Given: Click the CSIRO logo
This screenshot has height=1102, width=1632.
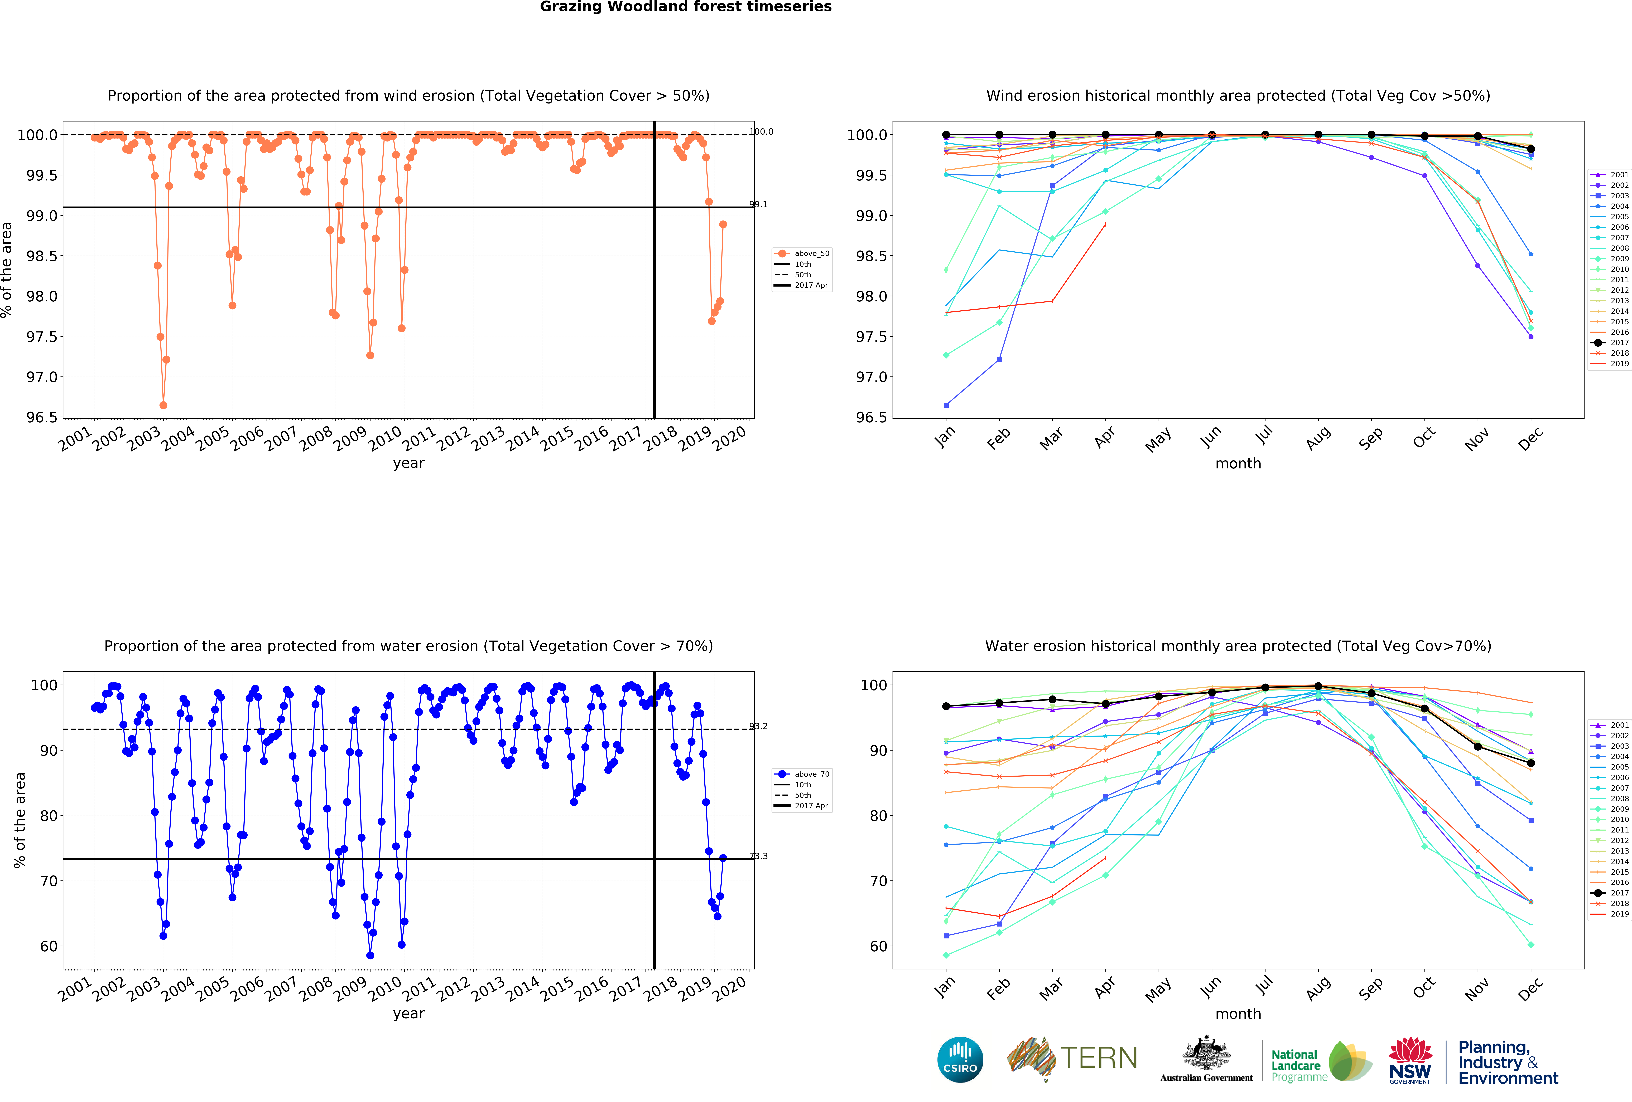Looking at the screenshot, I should (x=960, y=1059).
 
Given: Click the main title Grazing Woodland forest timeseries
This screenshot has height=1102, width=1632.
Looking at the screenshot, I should (x=685, y=7).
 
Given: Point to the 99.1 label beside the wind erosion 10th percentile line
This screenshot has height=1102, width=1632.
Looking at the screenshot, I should (x=758, y=204).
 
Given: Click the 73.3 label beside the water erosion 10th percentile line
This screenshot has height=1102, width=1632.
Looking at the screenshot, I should (x=758, y=856).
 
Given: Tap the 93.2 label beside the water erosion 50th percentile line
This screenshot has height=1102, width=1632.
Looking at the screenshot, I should (x=758, y=727).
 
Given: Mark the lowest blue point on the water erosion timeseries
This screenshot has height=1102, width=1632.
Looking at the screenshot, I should (x=370, y=955).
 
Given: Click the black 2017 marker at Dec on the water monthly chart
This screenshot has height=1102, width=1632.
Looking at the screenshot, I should (x=1531, y=763).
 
